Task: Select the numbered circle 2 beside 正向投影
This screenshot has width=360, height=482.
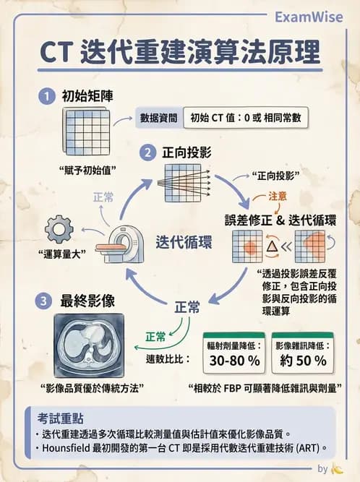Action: (x=147, y=152)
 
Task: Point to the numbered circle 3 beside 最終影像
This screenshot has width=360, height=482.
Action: (x=47, y=301)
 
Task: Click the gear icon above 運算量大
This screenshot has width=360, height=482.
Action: (x=59, y=229)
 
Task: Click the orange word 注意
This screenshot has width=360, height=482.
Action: (x=278, y=196)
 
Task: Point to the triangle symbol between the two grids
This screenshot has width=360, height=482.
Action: (x=273, y=248)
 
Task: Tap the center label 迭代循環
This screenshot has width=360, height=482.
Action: (x=184, y=243)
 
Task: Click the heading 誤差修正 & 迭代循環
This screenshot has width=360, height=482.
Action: (x=280, y=219)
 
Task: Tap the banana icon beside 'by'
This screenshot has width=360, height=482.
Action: (x=337, y=470)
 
